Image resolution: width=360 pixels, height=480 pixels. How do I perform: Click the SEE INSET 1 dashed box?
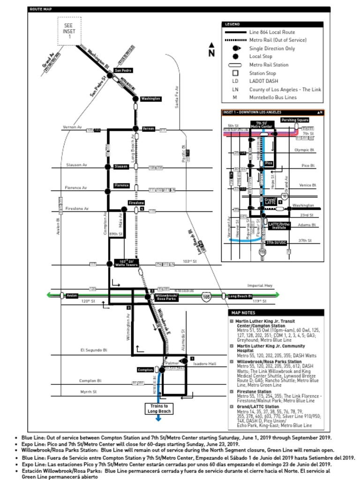click(69, 31)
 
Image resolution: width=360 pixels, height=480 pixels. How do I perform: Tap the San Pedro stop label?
click(123, 70)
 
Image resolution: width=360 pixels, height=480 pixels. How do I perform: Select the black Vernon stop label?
click(148, 128)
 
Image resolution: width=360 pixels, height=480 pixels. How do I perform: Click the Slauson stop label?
click(121, 167)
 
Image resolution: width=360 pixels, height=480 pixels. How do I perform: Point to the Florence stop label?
click(121, 186)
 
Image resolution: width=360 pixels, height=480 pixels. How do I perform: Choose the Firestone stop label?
click(136, 202)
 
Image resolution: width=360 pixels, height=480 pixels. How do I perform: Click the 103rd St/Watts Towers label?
click(126, 263)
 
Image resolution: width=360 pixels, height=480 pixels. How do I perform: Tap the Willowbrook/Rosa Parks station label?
click(165, 297)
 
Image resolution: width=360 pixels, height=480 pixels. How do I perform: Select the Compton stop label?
click(145, 370)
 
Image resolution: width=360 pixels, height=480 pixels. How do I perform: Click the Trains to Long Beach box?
click(159, 409)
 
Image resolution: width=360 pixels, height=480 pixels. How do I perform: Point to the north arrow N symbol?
click(211, 50)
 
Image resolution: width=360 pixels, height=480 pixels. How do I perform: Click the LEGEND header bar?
click(272, 24)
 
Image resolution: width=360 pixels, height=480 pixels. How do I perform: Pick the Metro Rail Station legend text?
click(269, 65)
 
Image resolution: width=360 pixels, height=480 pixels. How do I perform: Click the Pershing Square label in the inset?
click(295, 120)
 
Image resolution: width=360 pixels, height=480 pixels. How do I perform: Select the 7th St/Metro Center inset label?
click(262, 125)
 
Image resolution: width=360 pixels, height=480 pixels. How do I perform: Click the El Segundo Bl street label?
click(94, 350)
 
